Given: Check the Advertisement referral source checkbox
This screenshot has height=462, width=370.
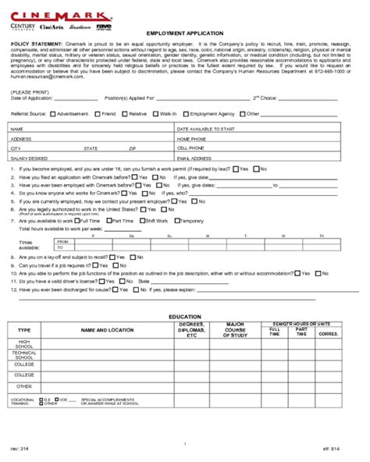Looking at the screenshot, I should [53, 113].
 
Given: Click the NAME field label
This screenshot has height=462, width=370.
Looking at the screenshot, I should [17, 127].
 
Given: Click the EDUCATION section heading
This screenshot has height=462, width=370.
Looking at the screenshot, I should [185, 317].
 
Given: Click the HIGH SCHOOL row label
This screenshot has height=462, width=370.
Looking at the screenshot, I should [24, 344].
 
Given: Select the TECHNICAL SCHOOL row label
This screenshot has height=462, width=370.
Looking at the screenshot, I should [24, 355].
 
